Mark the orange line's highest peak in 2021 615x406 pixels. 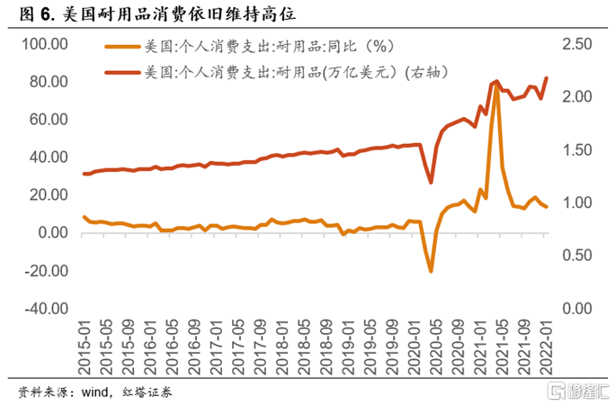tap(495, 86)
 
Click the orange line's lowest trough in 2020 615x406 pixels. tap(431, 271)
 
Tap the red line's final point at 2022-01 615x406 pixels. tap(547, 78)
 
